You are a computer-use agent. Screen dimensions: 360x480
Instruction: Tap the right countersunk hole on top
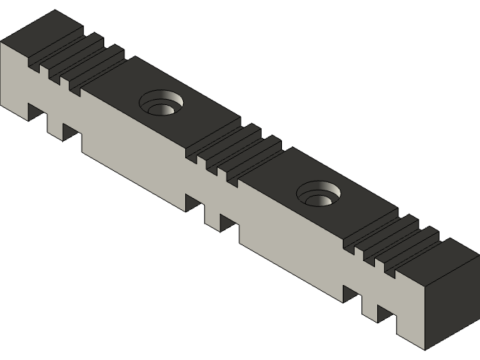pos(320,196)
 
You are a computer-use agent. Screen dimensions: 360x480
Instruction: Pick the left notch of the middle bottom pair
pos(193,203)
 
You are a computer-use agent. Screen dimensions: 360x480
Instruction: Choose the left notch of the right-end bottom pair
pos(352,294)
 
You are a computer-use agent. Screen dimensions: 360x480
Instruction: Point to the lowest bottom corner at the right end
pos(425,349)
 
